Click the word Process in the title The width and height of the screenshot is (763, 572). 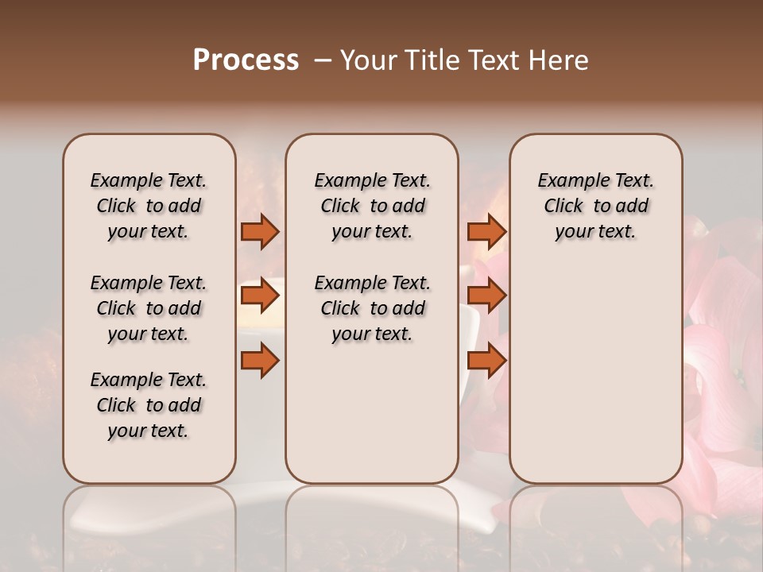point(246,60)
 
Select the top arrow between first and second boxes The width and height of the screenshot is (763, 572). point(260,232)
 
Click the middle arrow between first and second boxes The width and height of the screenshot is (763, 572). point(260,296)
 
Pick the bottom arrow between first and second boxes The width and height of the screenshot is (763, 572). point(260,361)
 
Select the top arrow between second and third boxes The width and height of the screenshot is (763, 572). point(486,232)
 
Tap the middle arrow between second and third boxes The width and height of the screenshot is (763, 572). point(486,296)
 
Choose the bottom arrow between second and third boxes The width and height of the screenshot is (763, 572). point(486,361)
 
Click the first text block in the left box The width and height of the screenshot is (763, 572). point(149,206)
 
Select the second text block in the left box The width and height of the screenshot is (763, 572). point(149,308)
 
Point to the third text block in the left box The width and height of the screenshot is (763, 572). point(149,405)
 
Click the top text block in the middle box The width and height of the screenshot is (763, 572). point(373,206)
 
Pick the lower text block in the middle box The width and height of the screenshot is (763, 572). point(373,308)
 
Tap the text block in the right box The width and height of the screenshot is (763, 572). point(596,206)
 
